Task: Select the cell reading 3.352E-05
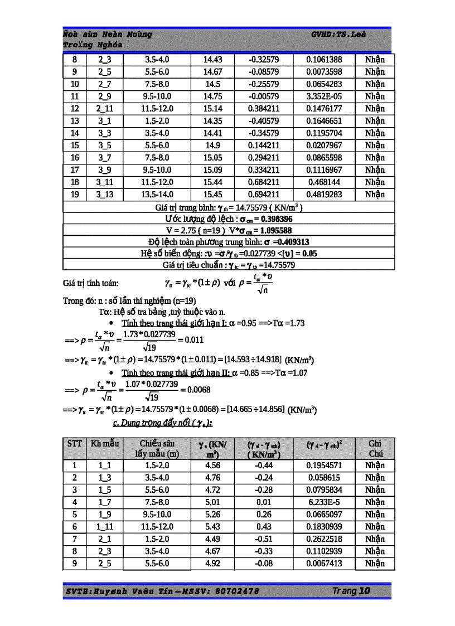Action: [x=332, y=96]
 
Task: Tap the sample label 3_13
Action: [x=104, y=195]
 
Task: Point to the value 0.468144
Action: [x=332, y=182]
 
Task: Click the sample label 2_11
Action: [x=104, y=109]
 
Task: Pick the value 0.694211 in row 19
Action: [x=264, y=195]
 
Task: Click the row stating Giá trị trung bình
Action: [x=229, y=207]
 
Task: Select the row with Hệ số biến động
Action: [x=229, y=253]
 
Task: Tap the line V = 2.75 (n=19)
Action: [x=229, y=230]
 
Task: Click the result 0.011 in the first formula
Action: [x=194, y=339]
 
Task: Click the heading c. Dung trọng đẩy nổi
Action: [x=162, y=424]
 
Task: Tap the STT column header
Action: [x=75, y=444]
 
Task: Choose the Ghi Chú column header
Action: [x=375, y=449]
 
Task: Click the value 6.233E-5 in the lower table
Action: [x=332, y=502]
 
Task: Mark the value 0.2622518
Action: [x=332, y=539]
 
